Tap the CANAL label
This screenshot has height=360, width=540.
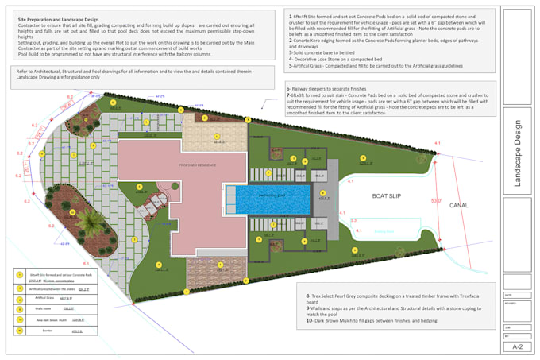(x=459, y=205)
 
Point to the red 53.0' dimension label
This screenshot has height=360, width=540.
(x=436, y=201)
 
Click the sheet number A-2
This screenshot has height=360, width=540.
(x=517, y=346)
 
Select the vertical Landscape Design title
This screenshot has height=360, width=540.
(x=518, y=154)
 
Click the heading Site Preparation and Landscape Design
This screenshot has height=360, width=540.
(x=59, y=18)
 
